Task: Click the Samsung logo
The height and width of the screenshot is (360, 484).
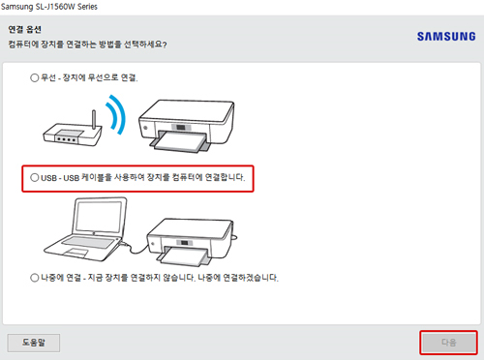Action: click(445, 37)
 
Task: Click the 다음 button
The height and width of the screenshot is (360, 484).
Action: click(448, 342)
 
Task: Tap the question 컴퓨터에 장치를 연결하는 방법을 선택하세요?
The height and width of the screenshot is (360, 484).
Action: click(106, 45)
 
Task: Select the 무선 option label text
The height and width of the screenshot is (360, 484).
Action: click(91, 77)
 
